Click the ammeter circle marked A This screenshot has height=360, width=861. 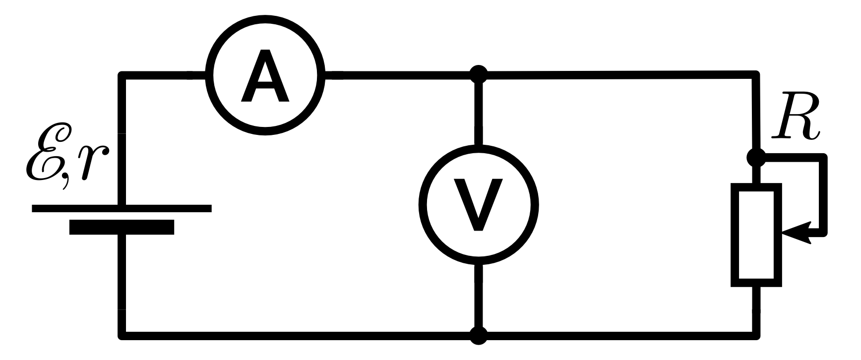[265, 75]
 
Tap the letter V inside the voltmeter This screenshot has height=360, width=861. [478, 204]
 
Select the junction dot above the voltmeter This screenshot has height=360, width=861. [479, 75]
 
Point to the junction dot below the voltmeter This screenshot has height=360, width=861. [479, 336]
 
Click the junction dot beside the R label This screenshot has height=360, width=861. [756, 158]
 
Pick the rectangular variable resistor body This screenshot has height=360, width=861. [756, 235]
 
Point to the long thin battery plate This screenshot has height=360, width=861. [122, 208]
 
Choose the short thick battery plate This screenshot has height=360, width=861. [122, 227]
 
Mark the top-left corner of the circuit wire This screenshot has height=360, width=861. [122, 76]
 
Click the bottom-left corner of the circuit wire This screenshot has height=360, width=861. [122, 335]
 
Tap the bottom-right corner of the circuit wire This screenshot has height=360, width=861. [756, 335]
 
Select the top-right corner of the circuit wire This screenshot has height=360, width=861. [756, 75]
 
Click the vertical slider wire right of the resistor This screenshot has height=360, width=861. [824, 196]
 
